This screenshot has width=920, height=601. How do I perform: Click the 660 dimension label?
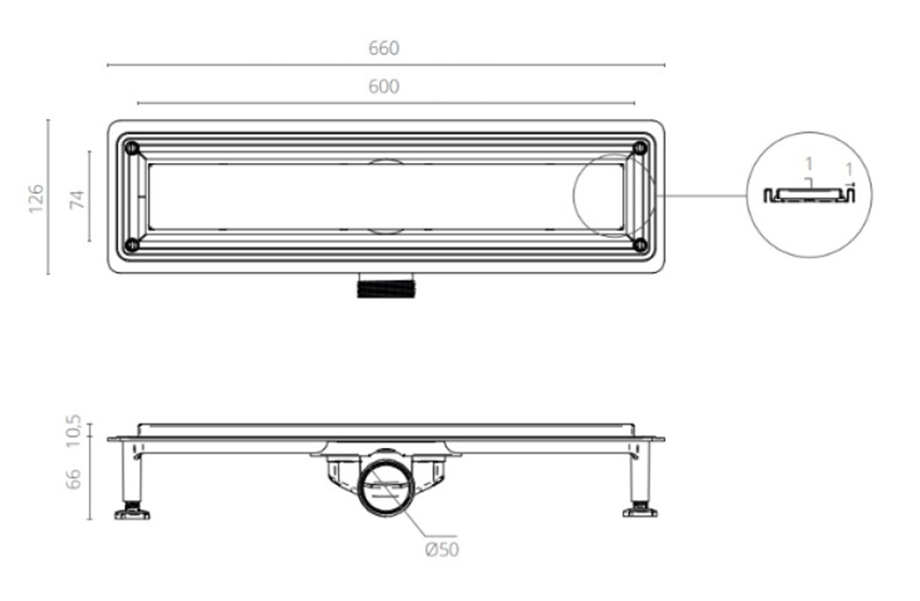click(x=384, y=49)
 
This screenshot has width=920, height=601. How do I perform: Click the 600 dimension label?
click(x=384, y=86)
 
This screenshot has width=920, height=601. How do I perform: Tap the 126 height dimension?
click(x=36, y=199)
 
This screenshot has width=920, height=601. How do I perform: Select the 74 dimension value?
click(x=77, y=200)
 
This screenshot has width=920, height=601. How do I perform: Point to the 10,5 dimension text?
click(x=74, y=430)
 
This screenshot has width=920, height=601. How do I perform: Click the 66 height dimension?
click(x=74, y=479)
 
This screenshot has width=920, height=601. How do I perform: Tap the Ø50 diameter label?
click(x=442, y=550)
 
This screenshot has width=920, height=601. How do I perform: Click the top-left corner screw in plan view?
click(x=132, y=148)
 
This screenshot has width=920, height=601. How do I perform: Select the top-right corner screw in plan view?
click(x=640, y=148)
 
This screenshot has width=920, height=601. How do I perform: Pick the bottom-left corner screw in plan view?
click(x=132, y=245)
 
